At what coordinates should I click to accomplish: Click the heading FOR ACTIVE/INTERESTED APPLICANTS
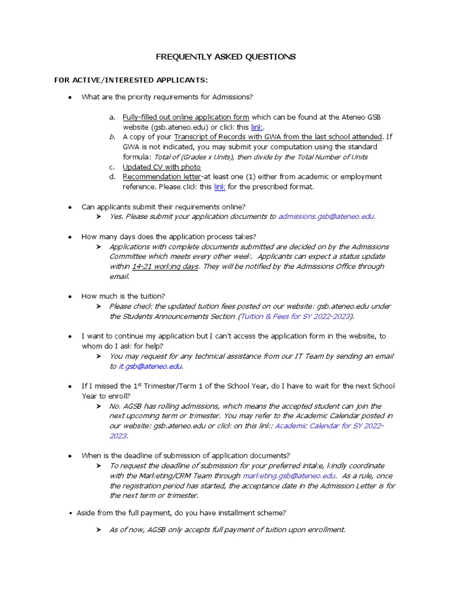(131, 80)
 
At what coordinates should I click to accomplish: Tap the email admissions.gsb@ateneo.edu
(326, 216)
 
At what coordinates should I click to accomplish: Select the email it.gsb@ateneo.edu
(150, 366)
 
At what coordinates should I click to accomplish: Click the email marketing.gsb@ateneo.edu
(289, 476)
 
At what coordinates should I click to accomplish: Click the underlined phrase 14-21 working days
(165, 267)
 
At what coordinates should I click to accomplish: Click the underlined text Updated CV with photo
(162, 167)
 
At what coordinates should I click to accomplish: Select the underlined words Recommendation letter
(162, 177)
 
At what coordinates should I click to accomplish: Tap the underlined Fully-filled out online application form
(186, 117)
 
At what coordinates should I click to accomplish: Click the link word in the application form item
(257, 127)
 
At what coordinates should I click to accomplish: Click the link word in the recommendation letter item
(219, 187)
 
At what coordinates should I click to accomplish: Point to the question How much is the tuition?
(123, 296)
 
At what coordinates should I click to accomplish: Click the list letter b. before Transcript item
(112, 137)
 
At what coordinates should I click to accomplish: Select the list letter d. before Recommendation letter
(112, 177)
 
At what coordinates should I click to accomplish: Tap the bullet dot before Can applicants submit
(70, 207)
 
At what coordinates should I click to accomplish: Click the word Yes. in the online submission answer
(116, 216)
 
